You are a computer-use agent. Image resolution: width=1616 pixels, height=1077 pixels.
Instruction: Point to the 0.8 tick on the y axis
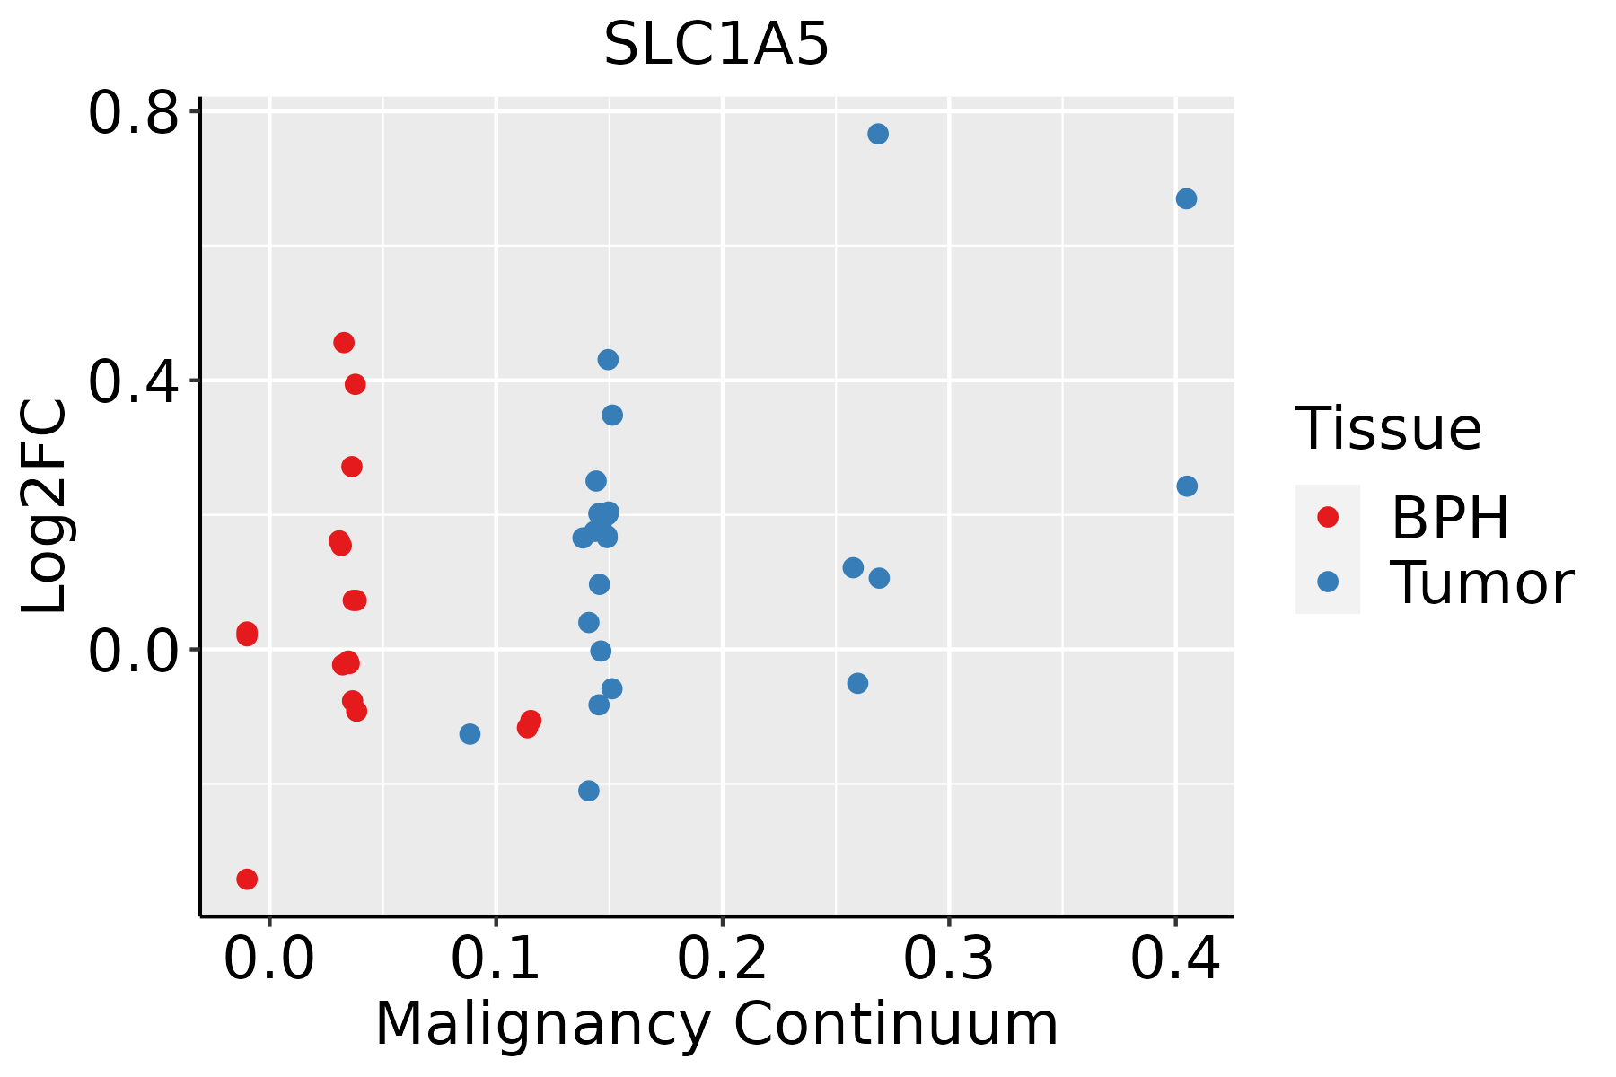[x=135, y=112]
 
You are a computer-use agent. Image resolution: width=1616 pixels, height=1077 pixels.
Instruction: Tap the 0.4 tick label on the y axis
[x=135, y=381]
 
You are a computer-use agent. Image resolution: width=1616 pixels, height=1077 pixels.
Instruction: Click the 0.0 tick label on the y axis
[x=135, y=650]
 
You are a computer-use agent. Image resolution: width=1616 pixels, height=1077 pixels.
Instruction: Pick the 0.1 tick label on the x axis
[x=496, y=959]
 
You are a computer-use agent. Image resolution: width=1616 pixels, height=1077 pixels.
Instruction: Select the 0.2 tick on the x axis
[x=722, y=959]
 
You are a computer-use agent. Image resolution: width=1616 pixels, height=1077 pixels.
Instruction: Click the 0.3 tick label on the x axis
[x=948, y=959]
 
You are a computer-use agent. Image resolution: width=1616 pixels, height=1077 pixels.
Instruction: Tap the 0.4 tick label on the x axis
[x=1174, y=959]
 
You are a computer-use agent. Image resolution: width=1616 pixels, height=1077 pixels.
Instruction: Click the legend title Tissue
[x=1389, y=428]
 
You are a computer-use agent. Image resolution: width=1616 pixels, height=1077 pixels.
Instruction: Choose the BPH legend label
[x=1450, y=518]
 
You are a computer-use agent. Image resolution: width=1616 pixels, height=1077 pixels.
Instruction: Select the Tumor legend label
[x=1481, y=583]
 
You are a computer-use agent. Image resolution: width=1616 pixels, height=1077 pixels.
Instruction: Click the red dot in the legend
[x=1327, y=517]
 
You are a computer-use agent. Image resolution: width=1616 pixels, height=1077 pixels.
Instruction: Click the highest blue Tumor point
[x=878, y=134]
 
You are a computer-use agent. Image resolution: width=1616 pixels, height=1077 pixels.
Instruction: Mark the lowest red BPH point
[x=247, y=879]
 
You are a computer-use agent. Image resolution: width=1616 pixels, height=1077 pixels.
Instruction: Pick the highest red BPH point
[x=344, y=343]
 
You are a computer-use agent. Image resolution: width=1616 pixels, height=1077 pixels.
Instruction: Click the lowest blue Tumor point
[x=589, y=791]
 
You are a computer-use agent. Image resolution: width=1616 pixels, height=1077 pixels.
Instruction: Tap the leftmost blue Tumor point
[x=470, y=734]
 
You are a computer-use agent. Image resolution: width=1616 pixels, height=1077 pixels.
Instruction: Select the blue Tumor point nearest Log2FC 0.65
[x=1186, y=199]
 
